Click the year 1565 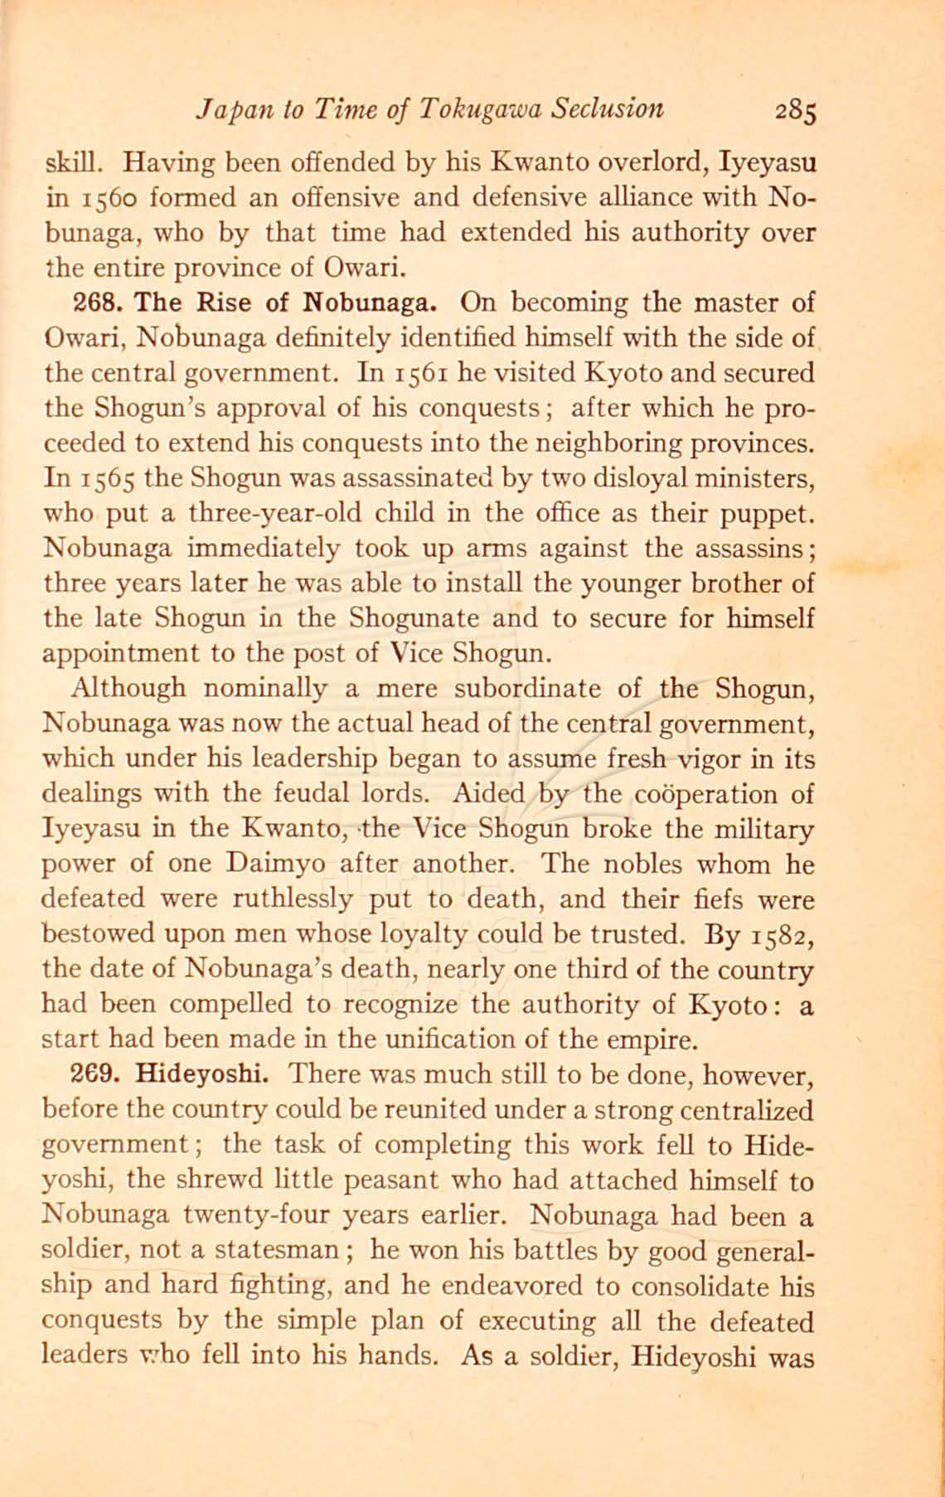point(109,479)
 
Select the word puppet point(772,515)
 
